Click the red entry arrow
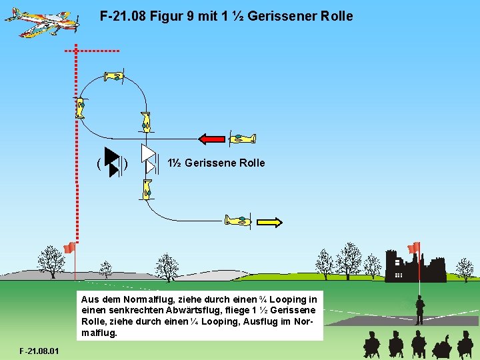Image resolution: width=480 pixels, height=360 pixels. pyautogui.click(x=212, y=139)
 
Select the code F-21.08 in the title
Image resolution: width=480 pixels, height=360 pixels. pyautogui.click(x=123, y=16)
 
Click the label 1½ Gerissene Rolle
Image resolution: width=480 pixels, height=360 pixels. pyautogui.click(x=216, y=163)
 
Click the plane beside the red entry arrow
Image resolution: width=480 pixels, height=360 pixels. pyautogui.click(x=241, y=138)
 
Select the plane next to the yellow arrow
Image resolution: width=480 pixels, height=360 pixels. pyautogui.click(x=238, y=220)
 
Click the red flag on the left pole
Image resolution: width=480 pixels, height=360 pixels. pyautogui.click(x=68, y=248)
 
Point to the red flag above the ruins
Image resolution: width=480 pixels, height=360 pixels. pyautogui.click(x=414, y=247)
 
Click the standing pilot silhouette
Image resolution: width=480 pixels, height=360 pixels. pyautogui.click(x=420, y=310)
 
